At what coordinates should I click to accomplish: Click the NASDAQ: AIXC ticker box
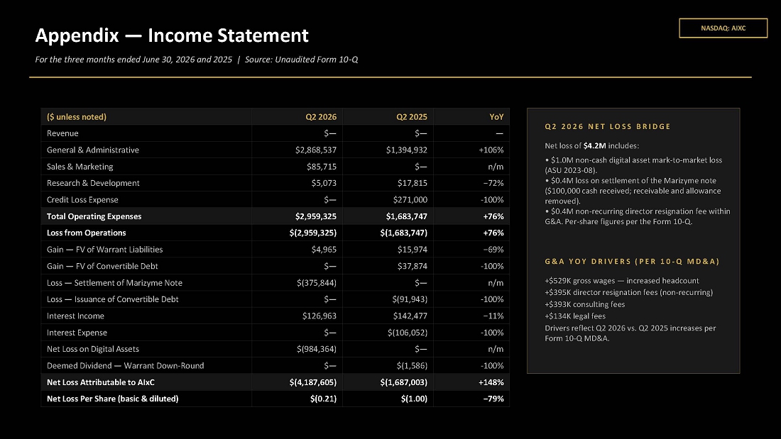tap(723, 28)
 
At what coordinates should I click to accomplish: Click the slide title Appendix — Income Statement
tap(172, 35)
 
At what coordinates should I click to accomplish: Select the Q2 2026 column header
tap(321, 117)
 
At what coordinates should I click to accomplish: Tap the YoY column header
tap(496, 117)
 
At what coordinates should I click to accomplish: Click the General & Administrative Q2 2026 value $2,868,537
tap(316, 150)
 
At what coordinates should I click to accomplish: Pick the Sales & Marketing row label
tap(80, 167)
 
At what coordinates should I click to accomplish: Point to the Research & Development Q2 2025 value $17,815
tap(412, 183)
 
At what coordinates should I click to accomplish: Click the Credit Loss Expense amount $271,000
tap(410, 199)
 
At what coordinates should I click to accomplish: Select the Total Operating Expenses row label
tap(94, 216)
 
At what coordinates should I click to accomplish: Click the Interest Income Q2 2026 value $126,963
tap(319, 316)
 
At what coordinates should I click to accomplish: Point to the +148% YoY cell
tap(491, 382)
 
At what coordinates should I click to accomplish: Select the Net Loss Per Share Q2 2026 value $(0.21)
tap(323, 399)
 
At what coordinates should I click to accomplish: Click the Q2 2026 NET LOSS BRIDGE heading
tap(608, 126)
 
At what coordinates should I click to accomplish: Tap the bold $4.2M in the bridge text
tap(595, 146)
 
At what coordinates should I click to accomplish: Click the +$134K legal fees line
tap(575, 316)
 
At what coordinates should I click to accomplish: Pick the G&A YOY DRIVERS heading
tap(632, 261)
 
